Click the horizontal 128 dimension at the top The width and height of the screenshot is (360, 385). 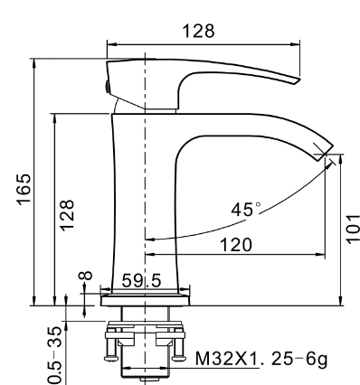(199, 31)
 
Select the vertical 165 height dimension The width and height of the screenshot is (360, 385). (24, 190)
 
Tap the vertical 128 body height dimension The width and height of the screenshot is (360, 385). (67, 215)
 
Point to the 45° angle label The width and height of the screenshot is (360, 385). (245, 210)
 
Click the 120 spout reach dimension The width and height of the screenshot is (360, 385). (236, 245)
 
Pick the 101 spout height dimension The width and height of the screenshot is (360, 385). (353, 229)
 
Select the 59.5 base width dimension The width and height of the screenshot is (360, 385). (141, 281)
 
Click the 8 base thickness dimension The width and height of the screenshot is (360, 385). (86, 276)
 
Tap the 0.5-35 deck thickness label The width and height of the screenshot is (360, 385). (55, 355)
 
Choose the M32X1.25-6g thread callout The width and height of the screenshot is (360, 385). (261, 359)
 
